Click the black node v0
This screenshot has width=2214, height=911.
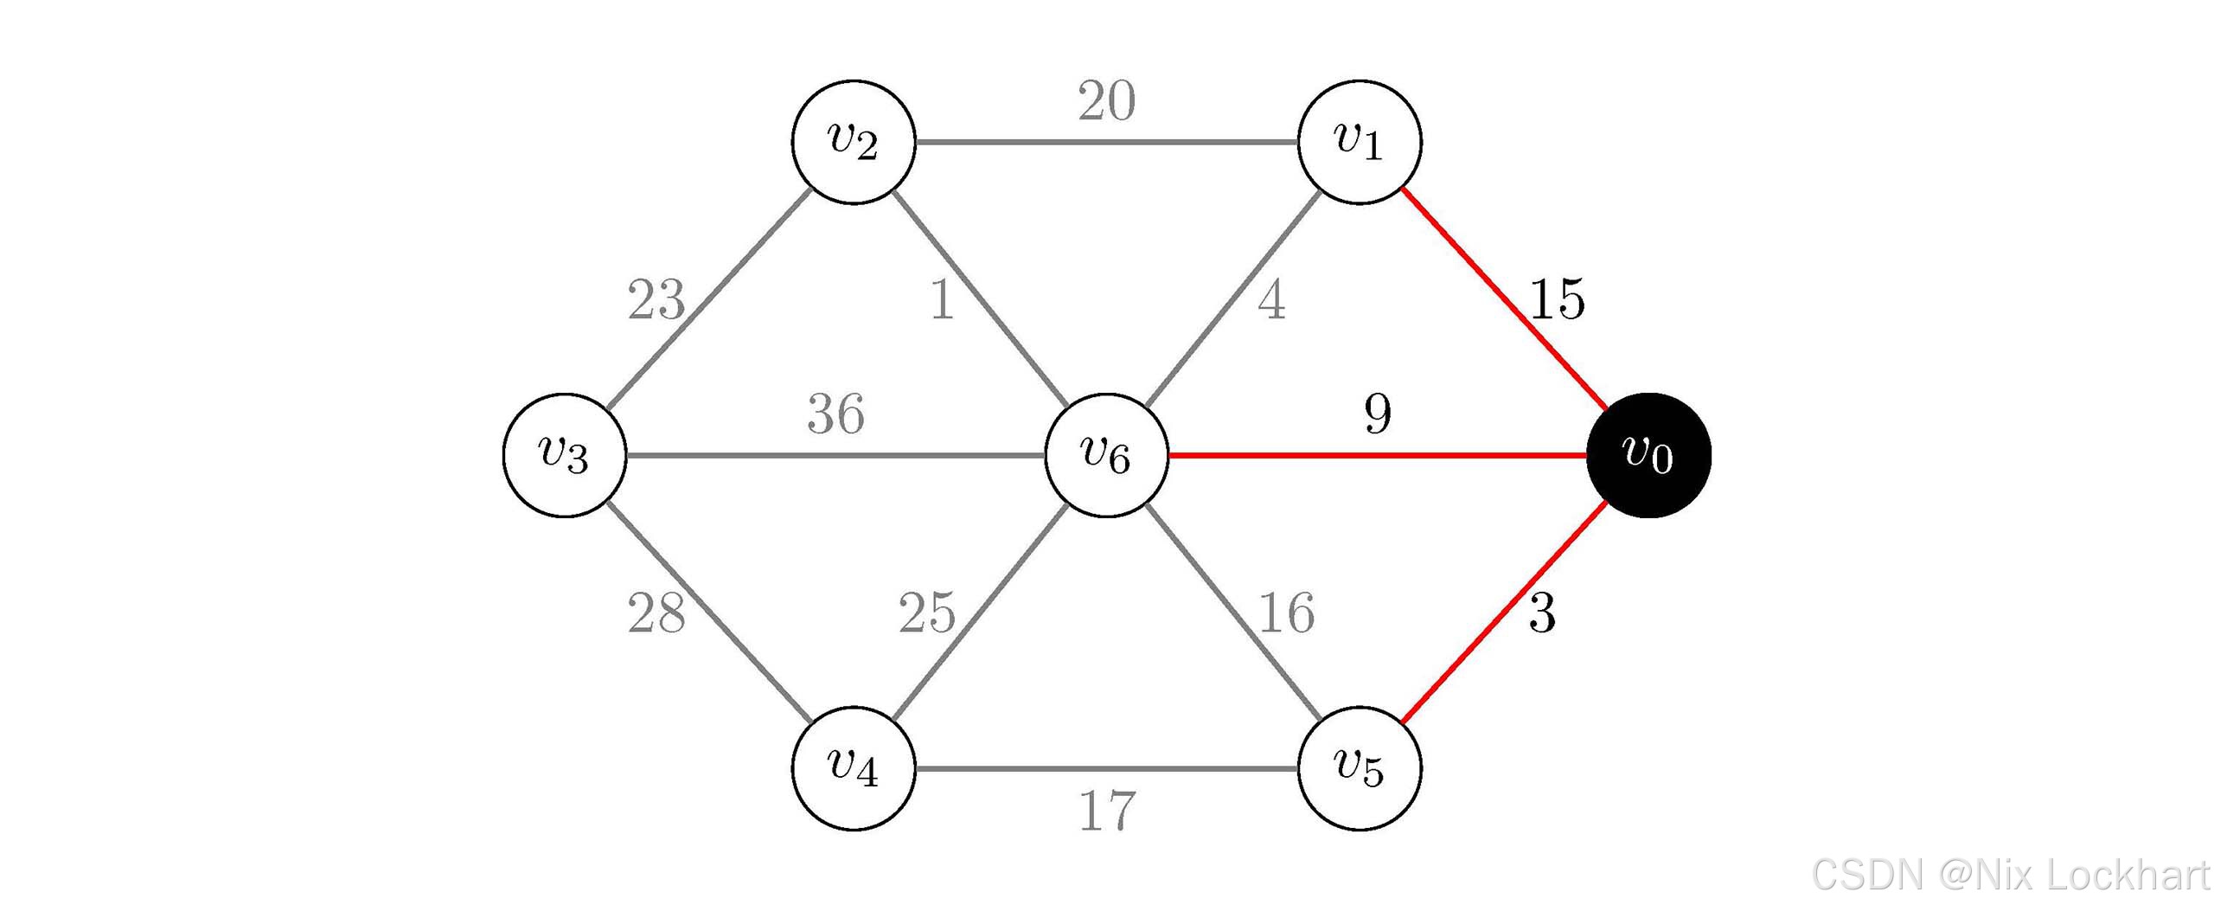tap(1648, 455)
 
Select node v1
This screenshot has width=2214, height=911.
tap(1360, 142)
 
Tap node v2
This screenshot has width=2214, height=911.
tap(854, 142)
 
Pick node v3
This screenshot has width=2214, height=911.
tap(565, 455)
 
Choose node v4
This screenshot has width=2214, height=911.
tap(854, 768)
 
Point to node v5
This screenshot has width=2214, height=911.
tap(1360, 768)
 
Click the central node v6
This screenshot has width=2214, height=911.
tap(1106, 455)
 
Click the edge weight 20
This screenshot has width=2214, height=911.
tap(1106, 101)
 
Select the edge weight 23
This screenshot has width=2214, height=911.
tap(656, 300)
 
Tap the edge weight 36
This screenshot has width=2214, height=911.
tap(835, 414)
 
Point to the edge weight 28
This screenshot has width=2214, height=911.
tap(656, 613)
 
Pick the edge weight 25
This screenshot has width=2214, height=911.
tap(927, 613)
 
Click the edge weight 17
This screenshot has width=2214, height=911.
tap(1107, 812)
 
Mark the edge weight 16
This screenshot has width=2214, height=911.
tap(1287, 613)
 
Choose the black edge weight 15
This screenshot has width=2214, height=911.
tap(1557, 300)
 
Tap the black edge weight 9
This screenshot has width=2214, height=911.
tap(1378, 414)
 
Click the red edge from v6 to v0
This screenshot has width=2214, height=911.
tap(1378, 455)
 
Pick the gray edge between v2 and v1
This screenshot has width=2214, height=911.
tap(1106, 142)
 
